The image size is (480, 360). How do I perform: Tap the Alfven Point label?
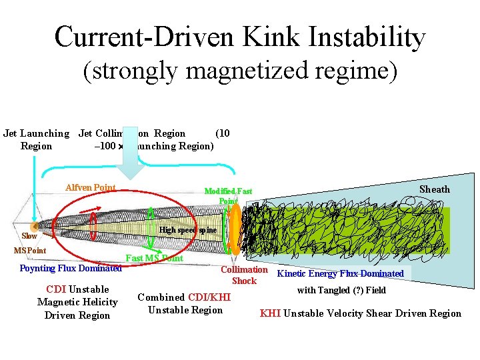[91, 188]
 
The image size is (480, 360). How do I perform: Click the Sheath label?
[434, 189]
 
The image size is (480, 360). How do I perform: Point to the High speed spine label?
[189, 230]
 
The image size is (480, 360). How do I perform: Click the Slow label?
[29, 236]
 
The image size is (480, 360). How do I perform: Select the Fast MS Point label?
[154, 258]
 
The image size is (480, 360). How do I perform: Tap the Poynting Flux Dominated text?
[71, 269]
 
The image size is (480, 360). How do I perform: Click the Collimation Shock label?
[244, 275]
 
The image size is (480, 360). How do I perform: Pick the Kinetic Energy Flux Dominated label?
[340, 273]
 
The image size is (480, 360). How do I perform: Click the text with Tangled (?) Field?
[341, 290]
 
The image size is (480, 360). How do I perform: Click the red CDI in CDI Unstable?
[56, 289]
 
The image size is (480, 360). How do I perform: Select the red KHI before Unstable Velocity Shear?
[270, 313]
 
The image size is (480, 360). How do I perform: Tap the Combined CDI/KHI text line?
[184, 297]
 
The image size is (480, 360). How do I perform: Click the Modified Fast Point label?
[228, 196]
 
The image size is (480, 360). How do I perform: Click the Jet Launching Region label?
[36, 139]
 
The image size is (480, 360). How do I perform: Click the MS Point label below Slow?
[30, 251]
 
